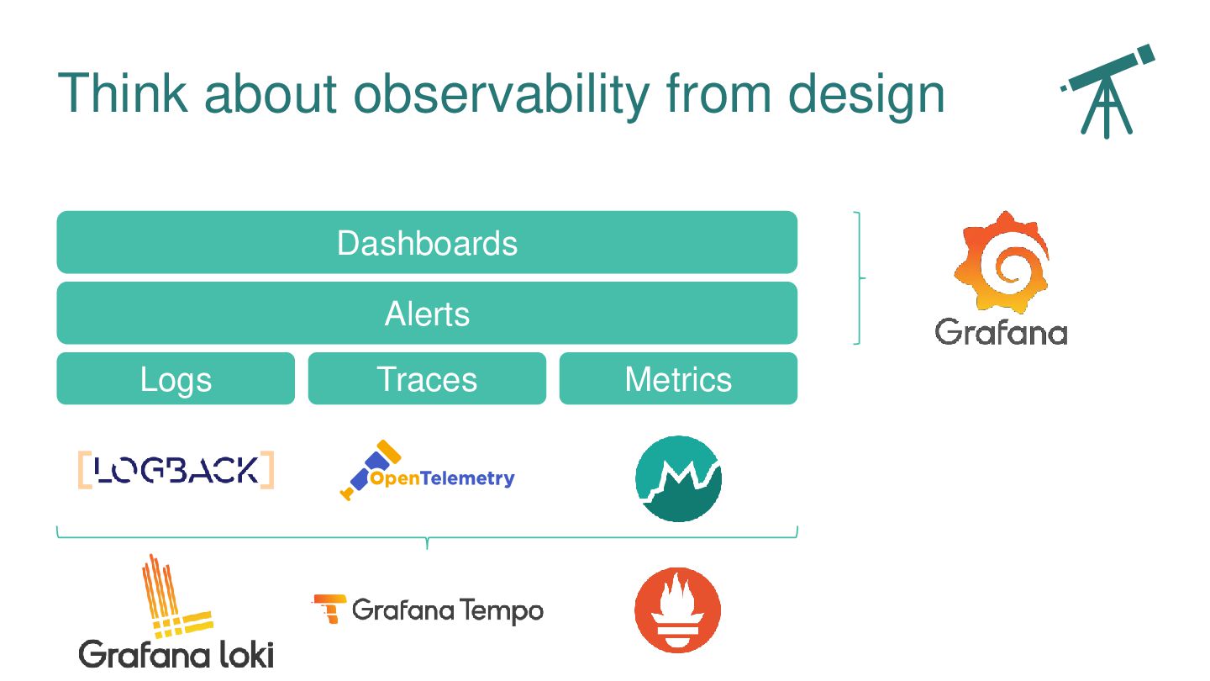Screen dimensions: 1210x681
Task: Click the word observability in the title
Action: click(x=502, y=94)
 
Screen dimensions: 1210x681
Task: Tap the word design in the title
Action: click(x=866, y=94)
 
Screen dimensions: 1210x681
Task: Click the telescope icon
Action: click(x=1107, y=92)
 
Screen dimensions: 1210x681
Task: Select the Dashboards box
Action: click(x=427, y=242)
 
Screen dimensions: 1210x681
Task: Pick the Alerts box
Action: click(x=427, y=313)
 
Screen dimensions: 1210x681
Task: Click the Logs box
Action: click(x=176, y=378)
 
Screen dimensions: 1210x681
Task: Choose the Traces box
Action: click(x=427, y=378)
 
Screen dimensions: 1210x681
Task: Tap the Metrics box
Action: click(x=678, y=378)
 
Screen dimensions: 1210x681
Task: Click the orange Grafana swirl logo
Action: click(x=1002, y=262)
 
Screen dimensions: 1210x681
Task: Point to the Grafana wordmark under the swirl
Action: click(x=1001, y=332)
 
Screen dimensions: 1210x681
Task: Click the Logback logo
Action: click(x=176, y=470)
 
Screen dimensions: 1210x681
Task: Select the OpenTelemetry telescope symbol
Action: click(x=370, y=470)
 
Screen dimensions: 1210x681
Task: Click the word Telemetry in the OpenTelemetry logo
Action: click(x=467, y=479)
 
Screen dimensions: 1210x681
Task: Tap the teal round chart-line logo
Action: click(x=678, y=479)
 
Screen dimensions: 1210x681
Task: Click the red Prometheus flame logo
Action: click(x=678, y=610)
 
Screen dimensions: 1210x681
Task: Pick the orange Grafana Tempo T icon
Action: click(x=329, y=609)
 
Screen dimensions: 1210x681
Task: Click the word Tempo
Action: click(x=502, y=611)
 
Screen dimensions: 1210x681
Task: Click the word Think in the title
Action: click(x=123, y=93)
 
